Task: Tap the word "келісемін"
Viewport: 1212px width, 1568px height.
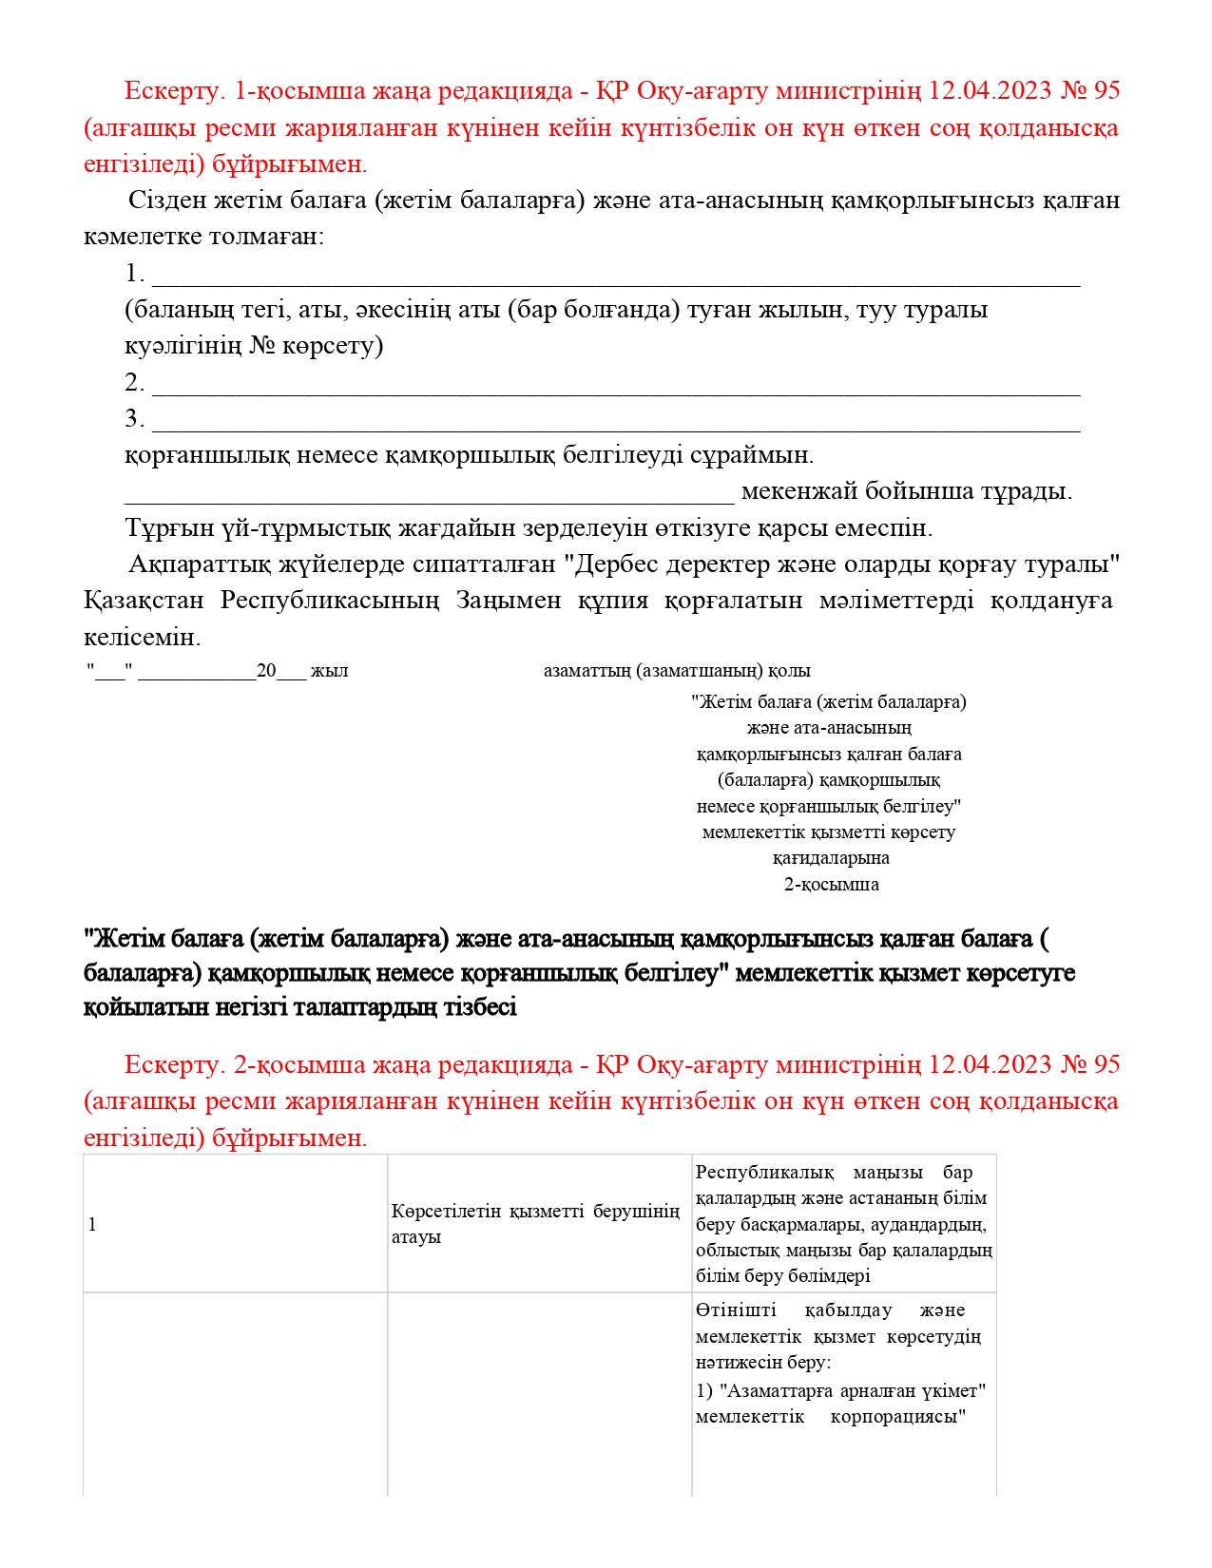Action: click(x=142, y=637)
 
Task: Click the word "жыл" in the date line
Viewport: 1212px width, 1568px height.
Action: click(x=330, y=671)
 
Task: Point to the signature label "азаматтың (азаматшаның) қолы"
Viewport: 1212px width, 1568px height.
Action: click(x=677, y=671)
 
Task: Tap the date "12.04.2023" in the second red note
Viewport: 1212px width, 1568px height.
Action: click(x=990, y=1064)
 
